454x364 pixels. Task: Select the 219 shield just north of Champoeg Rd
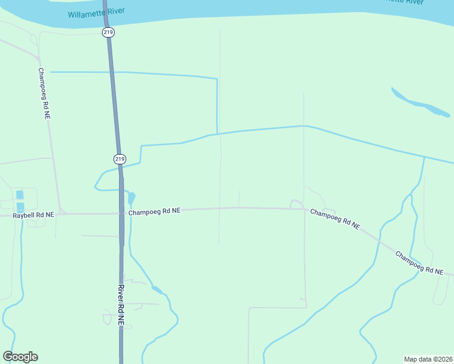120,159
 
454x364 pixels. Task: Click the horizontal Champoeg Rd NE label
154,211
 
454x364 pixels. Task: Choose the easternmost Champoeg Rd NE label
419,262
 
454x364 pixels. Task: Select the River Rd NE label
121,305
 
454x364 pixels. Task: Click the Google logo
20,357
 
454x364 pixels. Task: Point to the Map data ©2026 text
428,359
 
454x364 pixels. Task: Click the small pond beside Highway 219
131,198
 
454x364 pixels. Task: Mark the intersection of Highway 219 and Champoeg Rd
121,213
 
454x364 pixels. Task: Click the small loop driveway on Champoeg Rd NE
296,204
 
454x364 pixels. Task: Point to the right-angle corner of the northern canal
217,79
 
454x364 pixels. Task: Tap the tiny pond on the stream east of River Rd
157,289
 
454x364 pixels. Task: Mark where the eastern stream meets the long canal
424,157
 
